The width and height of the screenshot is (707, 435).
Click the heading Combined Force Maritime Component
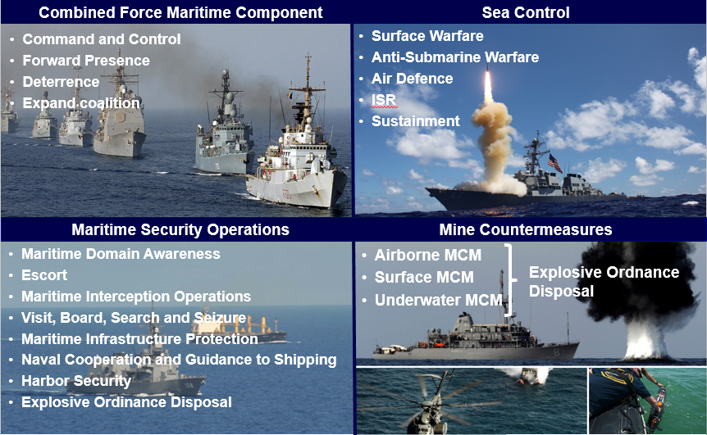tap(180, 12)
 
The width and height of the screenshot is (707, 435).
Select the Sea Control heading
tap(526, 12)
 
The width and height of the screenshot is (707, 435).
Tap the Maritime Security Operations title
tap(180, 229)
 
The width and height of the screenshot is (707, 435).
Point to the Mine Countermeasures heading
tap(526, 229)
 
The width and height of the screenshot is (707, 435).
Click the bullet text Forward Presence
tap(86, 61)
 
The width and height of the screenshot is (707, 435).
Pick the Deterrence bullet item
tap(61, 81)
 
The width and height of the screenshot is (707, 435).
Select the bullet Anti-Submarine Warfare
tap(455, 57)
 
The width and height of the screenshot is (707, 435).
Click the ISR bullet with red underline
tap(384, 99)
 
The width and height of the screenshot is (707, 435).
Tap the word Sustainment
tap(415, 121)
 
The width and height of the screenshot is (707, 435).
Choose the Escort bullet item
tap(44, 275)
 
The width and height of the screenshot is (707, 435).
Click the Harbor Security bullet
tap(76, 381)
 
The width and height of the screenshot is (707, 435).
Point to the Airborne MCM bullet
tap(428, 256)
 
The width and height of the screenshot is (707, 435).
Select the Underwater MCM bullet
tap(438, 300)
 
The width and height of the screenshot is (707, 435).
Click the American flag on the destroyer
tap(555, 163)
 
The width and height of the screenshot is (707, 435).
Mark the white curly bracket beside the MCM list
tap(510, 279)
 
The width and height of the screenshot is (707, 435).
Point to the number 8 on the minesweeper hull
tap(556, 352)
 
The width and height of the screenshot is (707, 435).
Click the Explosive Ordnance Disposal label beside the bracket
tap(604, 282)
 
